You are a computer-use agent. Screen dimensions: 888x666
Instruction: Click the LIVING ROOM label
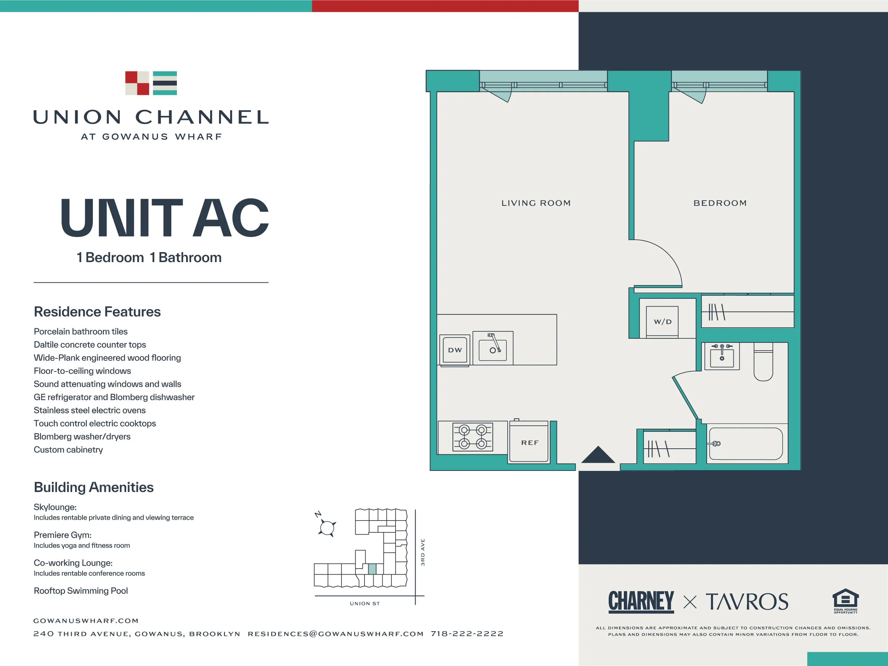point(536,203)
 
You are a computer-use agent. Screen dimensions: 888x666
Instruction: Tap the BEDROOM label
point(720,203)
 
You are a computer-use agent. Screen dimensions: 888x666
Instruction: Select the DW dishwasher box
point(455,350)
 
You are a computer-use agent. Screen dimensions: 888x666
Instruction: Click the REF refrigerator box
point(529,443)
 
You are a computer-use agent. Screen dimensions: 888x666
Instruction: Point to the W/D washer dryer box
point(662,322)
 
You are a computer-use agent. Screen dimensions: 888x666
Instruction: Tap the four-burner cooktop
point(472,436)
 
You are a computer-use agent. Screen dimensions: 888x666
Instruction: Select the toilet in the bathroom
point(763,363)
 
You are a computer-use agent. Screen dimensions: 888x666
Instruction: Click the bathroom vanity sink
point(722,356)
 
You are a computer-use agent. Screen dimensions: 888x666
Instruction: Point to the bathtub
point(746,444)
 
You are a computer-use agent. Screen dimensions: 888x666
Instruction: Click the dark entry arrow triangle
point(598,455)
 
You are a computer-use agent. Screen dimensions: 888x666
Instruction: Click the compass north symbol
point(327,527)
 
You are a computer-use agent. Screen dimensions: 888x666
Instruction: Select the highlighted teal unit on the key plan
point(372,569)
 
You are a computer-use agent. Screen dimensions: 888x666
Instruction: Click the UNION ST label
point(364,603)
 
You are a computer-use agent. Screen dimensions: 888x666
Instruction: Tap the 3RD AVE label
point(422,552)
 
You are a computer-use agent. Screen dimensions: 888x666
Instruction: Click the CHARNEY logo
point(641,601)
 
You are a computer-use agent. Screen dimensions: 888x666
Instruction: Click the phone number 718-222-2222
point(467,634)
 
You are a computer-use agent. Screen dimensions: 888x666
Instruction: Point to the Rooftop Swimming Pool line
point(81,591)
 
